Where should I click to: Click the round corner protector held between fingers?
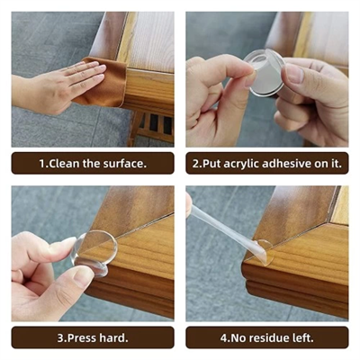[264, 72]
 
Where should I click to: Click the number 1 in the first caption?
[41, 164]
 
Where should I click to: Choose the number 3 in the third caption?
[63, 338]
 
